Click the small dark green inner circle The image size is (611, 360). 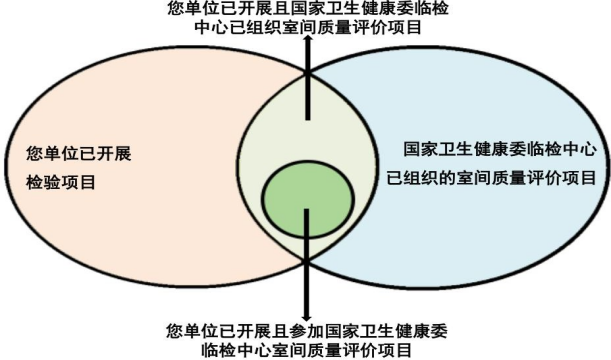click(x=308, y=199)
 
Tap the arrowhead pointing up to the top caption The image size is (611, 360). click(x=308, y=39)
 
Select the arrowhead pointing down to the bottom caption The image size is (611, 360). click(x=307, y=316)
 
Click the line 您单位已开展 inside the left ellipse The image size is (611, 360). click(x=79, y=154)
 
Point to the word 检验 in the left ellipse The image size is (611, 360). click(x=43, y=182)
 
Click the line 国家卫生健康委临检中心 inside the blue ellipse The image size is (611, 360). click(x=500, y=150)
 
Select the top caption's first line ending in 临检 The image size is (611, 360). click(x=308, y=9)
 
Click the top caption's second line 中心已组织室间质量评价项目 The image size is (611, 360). click(x=308, y=27)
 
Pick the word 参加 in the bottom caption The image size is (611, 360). click(x=308, y=331)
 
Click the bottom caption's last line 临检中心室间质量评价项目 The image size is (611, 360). click(x=307, y=349)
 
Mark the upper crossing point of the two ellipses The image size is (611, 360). click(x=307, y=73)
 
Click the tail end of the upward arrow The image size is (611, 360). click(x=308, y=119)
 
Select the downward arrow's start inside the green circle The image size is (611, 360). click(x=307, y=210)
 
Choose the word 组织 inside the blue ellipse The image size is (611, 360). click(x=422, y=178)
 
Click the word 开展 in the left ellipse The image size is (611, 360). click(x=114, y=154)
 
